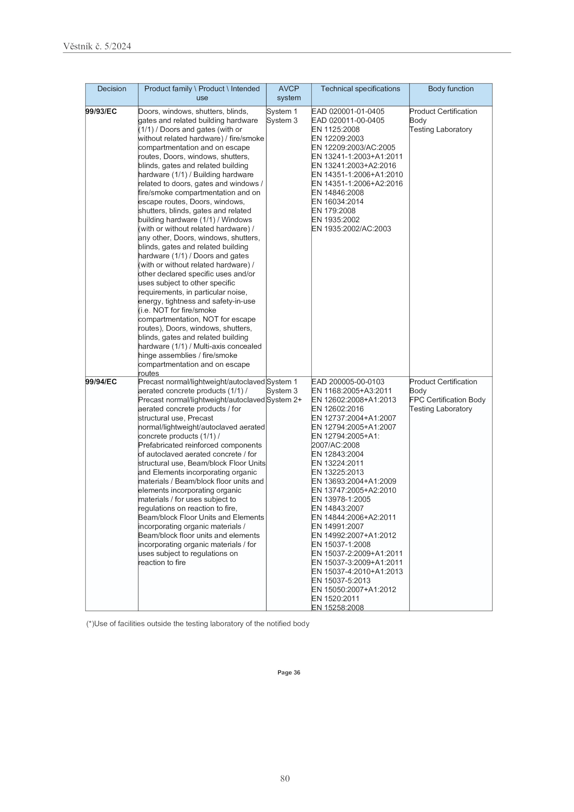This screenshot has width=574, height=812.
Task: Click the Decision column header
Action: pos(112,89)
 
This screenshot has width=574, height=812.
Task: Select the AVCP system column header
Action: pos(288,93)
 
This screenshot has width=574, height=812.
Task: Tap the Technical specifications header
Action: pos(360,89)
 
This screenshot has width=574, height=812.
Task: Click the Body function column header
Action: pos(450,89)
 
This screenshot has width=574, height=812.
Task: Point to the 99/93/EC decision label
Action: pos(101,112)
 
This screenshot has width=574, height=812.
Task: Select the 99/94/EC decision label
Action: pos(101,382)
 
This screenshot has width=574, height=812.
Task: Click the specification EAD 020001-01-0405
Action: pos(348,112)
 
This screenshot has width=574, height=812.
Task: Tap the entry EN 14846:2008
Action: pos(338,193)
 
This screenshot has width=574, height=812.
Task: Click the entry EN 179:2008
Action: pos(333,211)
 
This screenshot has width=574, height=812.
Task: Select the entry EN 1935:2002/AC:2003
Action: pos(351,229)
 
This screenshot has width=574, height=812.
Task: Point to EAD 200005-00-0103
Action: pos(348,382)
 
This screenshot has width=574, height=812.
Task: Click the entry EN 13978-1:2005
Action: pos(341,499)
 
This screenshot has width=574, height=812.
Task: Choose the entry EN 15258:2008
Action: pos(338,607)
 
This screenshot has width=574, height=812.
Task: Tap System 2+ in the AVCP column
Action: pos(284,400)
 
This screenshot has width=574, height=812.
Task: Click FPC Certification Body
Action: pos(447,400)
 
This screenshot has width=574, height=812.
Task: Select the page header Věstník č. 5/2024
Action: pos(97,46)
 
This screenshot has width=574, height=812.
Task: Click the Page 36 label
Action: pos(288,672)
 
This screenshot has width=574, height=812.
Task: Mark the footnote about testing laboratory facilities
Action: pos(198,624)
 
